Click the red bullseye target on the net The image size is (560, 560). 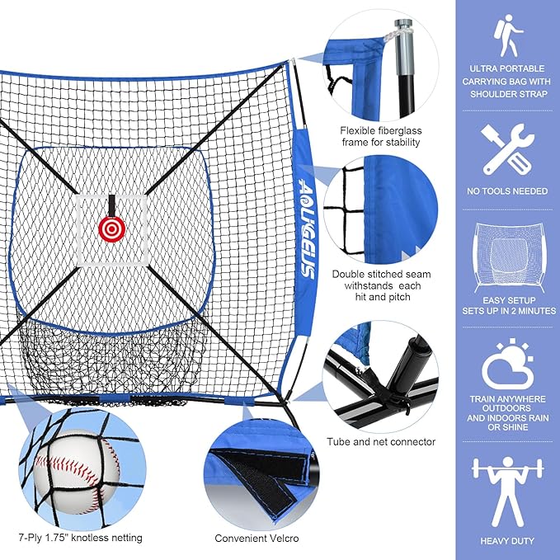click(109, 228)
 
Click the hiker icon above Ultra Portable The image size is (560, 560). click(506, 34)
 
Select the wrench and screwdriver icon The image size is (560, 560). click(506, 148)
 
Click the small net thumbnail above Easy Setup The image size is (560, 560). click(506, 256)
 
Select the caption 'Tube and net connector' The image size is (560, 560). click(380, 442)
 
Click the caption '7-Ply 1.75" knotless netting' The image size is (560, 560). click(82, 538)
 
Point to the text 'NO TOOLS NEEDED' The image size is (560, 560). click(506, 191)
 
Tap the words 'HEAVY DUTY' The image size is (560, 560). click(506, 541)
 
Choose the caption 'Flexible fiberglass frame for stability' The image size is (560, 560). click(380, 136)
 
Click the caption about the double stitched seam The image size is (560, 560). click(380, 285)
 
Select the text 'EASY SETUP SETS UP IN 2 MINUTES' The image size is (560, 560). click(506, 305)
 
